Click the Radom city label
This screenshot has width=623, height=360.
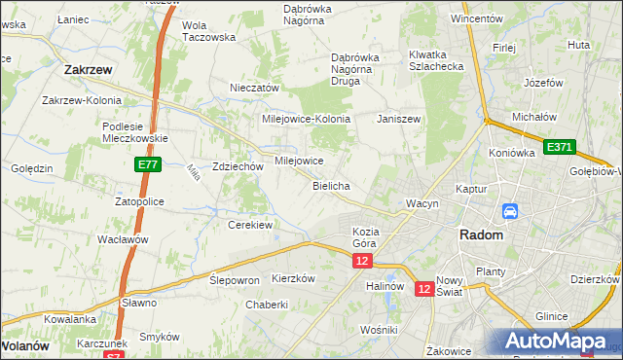[481, 235]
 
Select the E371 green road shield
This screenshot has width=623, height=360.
[559, 147]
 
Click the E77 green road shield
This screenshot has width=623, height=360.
[148, 166]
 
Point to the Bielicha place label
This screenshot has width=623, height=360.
[331, 185]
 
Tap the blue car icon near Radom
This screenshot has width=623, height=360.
[509, 211]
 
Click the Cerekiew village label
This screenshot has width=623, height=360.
[249, 224]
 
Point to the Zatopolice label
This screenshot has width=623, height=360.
[139, 200]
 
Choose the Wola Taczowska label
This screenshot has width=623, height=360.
[209, 31]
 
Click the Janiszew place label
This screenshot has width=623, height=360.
[398, 119]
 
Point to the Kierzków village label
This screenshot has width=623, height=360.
[294, 277]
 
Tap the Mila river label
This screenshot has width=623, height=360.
[192, 172]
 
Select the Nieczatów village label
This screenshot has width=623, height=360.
[254, 88]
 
